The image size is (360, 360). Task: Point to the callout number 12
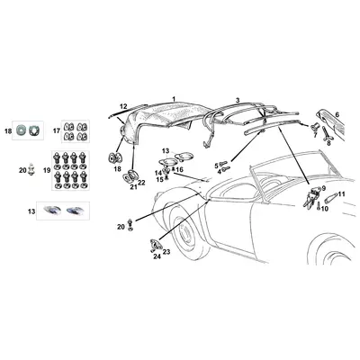(123, 106)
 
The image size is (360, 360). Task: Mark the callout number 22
(141, 184)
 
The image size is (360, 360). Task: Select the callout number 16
(179, 168)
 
